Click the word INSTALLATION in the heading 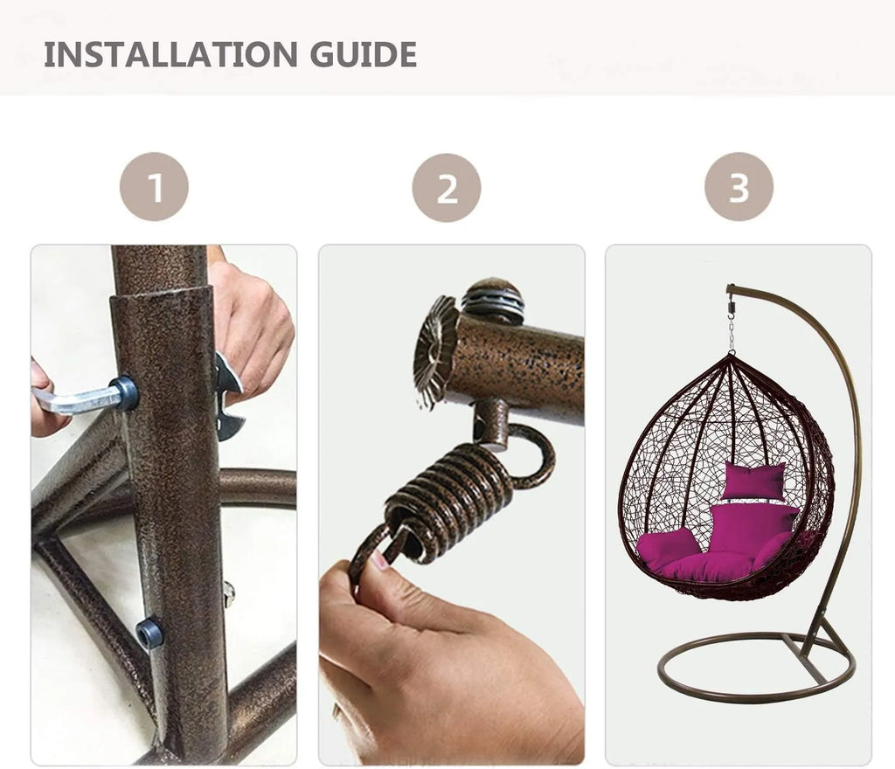point(170,55)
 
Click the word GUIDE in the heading point(363,55)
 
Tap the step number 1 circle point(154,186)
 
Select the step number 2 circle point(447,188)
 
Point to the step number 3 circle point(739,186)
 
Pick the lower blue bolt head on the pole point(149,634)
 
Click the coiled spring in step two point(450,497)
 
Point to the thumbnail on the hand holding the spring point(379,560)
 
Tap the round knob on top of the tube point(493,300)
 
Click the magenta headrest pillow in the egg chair point(753,481)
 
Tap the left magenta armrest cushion point(667,548)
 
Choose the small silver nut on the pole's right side point(229,593)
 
